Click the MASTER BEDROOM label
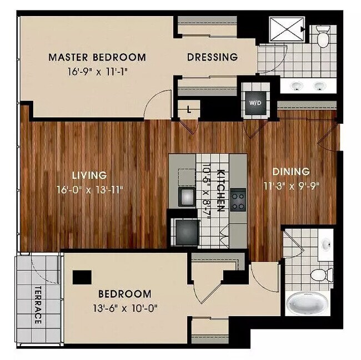(x=97, y=57)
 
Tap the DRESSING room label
(x=212, y=57)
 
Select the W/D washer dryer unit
(x=256, y=103)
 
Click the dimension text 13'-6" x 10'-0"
(x=124, y=308)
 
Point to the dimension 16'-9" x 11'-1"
(x=97, y=72)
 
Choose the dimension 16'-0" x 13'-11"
(x=90, y=189)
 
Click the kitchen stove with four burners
(x=238, y=200)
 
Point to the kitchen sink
(x=185, y=195)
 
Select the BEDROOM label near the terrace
(x=124, y=294)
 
